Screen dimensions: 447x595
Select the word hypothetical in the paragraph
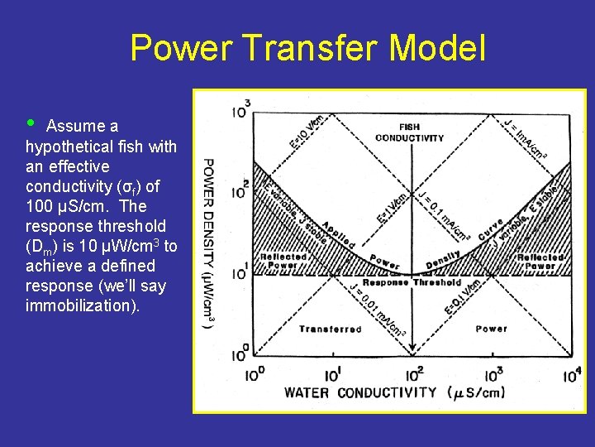click(x=67, y=147)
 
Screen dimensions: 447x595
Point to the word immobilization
click(x=83, y=305)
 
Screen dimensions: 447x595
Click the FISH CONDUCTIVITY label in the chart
click(x=410, y=132)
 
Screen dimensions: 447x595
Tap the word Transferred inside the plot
click(x=330, y=329)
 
